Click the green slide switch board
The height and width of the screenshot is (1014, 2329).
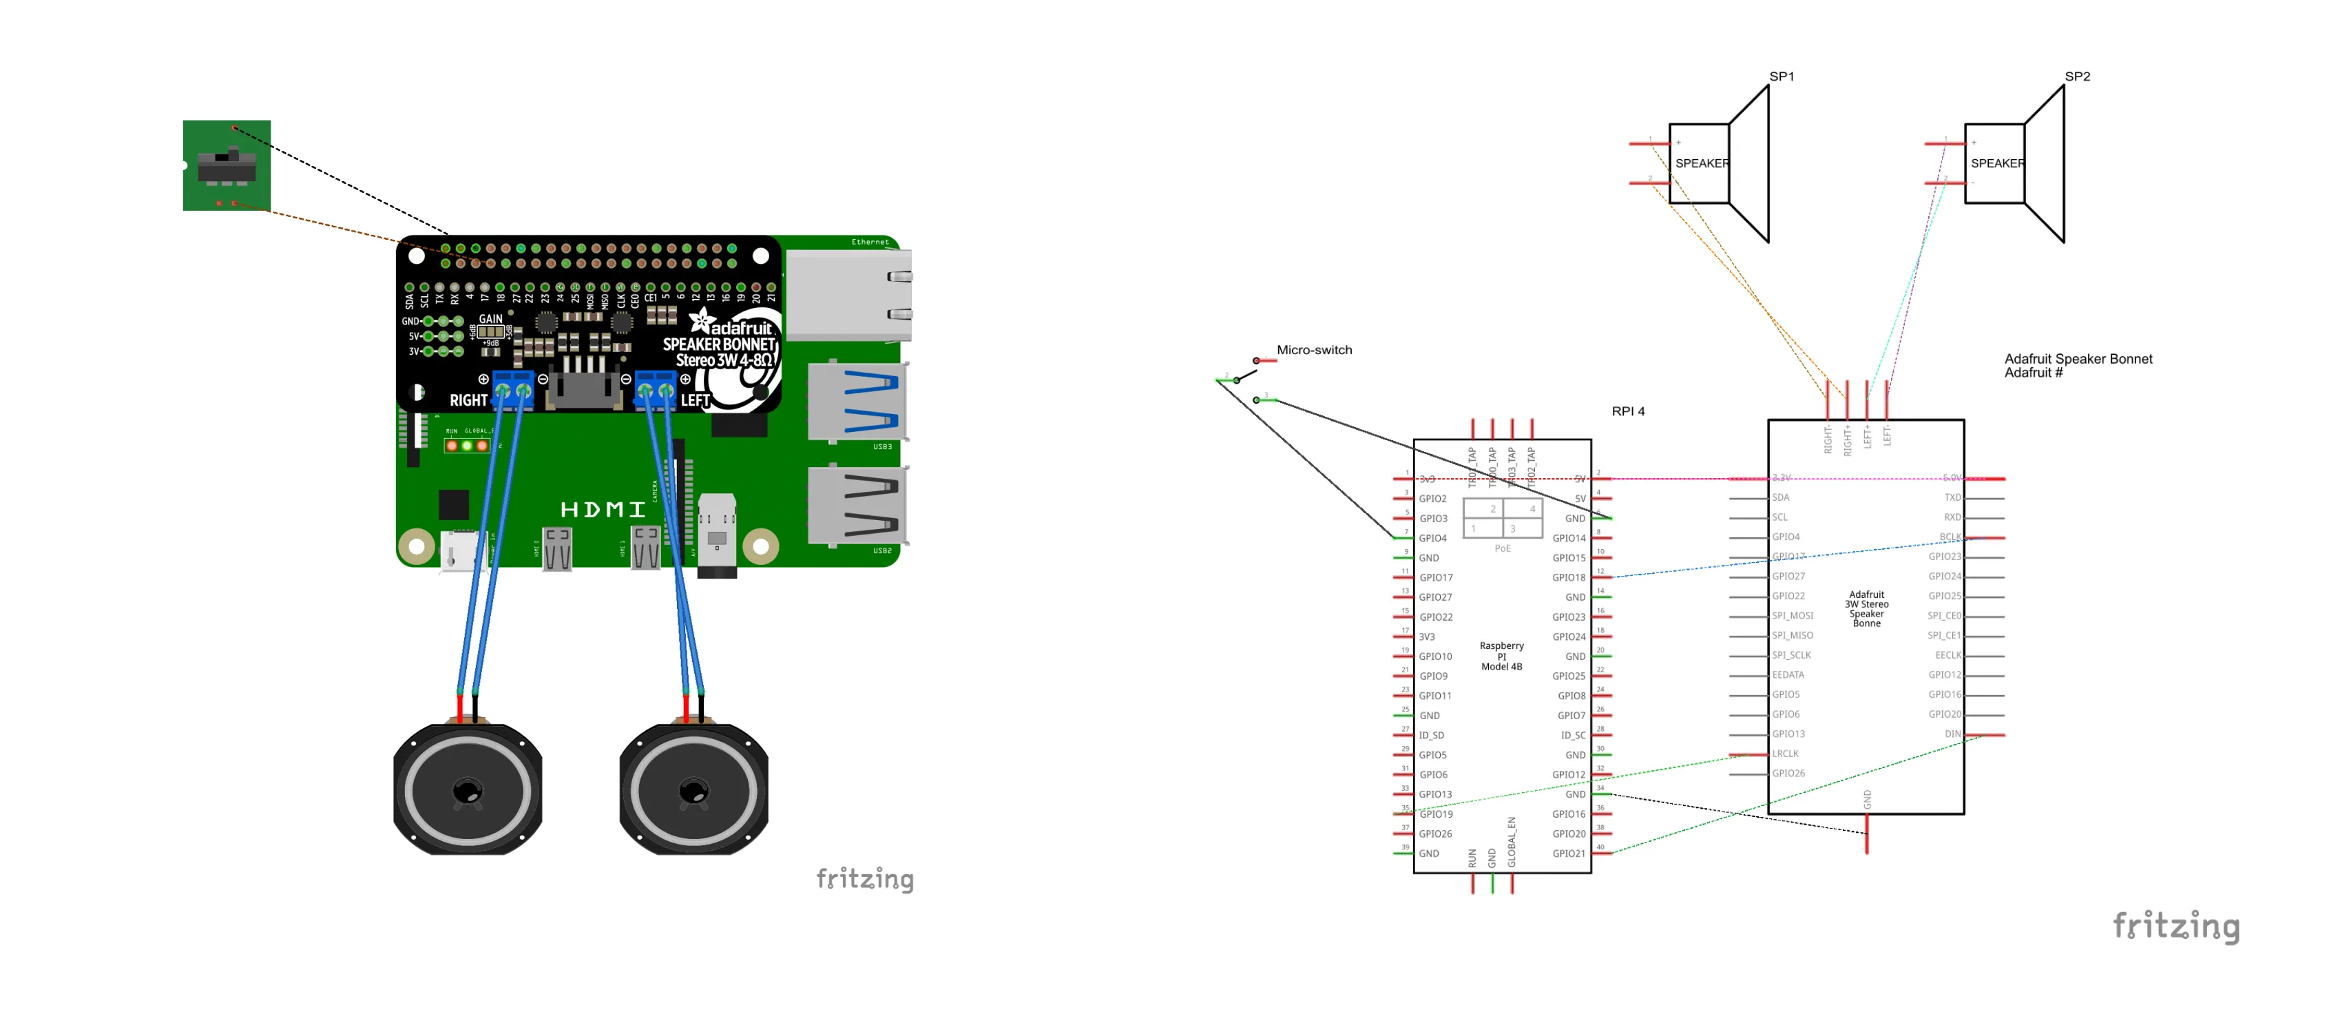[226, 165]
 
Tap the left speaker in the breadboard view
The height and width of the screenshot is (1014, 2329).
[468, 789]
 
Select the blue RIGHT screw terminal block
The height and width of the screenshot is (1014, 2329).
[512, 391]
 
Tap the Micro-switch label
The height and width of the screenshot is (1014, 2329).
[1314, 350]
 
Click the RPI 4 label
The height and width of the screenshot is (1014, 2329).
[1627, 411]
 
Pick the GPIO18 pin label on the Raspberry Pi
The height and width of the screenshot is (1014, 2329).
[1569, 577]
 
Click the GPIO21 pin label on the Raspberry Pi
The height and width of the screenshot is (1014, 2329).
[1569, 853]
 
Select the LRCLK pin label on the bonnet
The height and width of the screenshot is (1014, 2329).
[1786, 754]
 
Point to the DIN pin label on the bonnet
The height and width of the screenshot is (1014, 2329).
[1953, 734]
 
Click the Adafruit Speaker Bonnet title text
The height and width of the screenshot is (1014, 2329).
[2078, 359]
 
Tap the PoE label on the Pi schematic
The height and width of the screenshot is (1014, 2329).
[1502, 548]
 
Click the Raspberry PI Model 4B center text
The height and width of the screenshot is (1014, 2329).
[1501, 656]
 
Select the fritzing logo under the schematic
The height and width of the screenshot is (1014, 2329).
[2175, 927]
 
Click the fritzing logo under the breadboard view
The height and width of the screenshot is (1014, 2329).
[864, 879]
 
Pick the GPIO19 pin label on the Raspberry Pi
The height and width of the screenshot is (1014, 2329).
[1436, 814]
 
